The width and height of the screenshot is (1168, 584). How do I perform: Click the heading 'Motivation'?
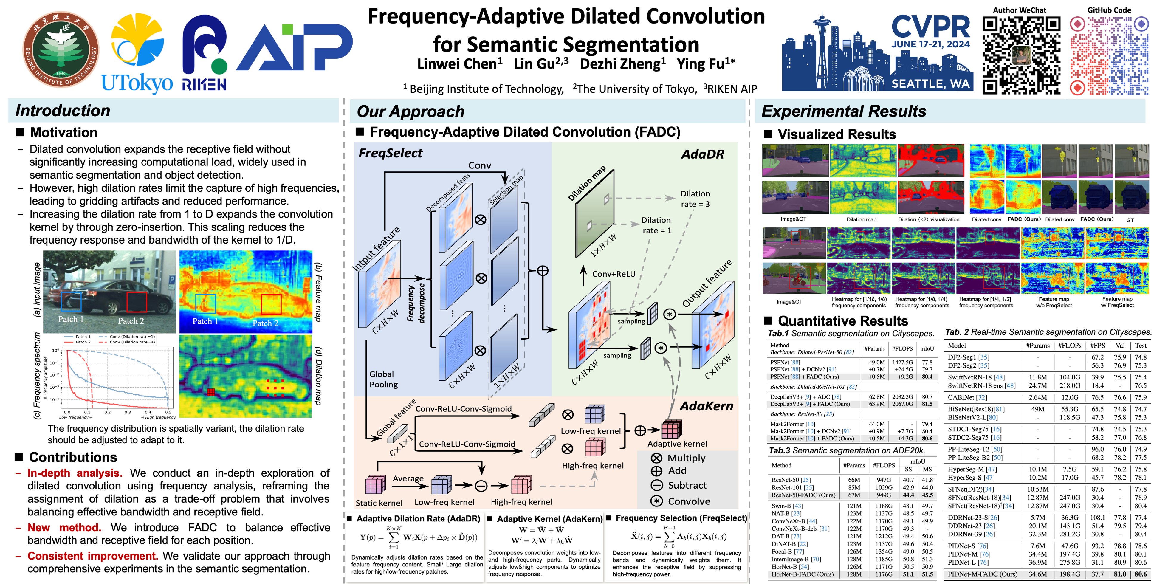[x=63, y=132]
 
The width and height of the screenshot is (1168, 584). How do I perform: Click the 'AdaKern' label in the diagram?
[x=706, y=406]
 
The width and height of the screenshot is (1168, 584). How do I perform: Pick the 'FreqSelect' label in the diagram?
[x=390, y=153]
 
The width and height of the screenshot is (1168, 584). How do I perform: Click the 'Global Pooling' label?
[x=383, y=379]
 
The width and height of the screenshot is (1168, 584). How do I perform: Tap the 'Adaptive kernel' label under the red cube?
[x=677, y=444]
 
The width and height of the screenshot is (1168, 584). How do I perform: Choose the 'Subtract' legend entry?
[x=687, y=485]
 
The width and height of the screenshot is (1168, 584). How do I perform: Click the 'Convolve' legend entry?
[x=688, y=501]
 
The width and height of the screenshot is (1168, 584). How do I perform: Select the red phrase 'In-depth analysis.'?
[x=75, y=473]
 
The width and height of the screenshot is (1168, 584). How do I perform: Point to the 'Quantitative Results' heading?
[x=842, y=321]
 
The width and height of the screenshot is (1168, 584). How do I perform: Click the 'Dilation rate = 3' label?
[x=695, y=199]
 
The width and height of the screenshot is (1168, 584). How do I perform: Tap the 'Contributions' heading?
[x=72, y=457]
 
